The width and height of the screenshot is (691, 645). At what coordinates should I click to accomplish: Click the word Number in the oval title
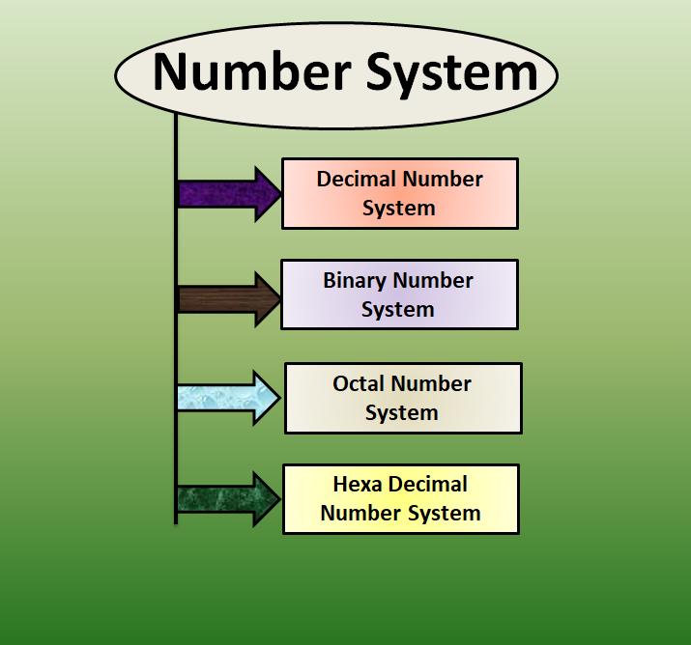click(x=247, y=73)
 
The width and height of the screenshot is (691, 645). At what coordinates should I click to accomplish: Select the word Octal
click(x=361, y=383)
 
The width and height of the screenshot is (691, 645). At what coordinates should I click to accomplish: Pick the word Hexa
click(x=360, y=484)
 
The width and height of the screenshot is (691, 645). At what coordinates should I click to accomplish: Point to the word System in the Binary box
click(x=398, y=310)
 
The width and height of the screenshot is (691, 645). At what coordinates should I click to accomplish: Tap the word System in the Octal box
click(x=401, y=413)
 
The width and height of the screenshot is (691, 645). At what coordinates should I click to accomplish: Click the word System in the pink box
click(x=398, y=209)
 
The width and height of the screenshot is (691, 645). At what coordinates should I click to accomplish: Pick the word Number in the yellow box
click(x=360, y=513)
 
